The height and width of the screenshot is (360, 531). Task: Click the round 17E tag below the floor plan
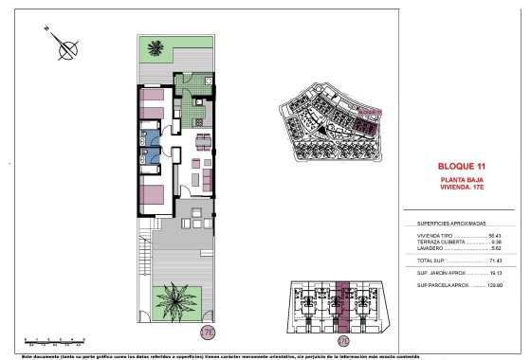(208, 333)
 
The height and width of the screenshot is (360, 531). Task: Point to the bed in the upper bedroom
(152, 101)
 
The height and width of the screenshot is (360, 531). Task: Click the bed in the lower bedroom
(153, 197)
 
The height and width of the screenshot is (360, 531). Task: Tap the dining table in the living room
(203, 143)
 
